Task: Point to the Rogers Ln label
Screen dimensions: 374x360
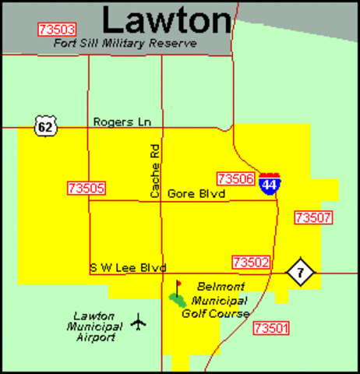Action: pos(127,122)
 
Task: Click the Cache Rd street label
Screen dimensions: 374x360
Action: pos(154,169)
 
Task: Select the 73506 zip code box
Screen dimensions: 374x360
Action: pos(237,178)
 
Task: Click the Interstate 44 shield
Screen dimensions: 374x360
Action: pos(270,184)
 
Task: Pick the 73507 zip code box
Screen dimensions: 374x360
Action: pos(313,217)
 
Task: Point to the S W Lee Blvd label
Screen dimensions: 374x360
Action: pos(128,267)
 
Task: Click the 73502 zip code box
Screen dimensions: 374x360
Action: pos(251,262)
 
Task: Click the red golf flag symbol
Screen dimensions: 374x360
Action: pos(178,285)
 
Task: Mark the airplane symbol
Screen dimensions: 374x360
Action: pos(139,320)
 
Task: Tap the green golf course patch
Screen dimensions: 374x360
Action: pos(178,300)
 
